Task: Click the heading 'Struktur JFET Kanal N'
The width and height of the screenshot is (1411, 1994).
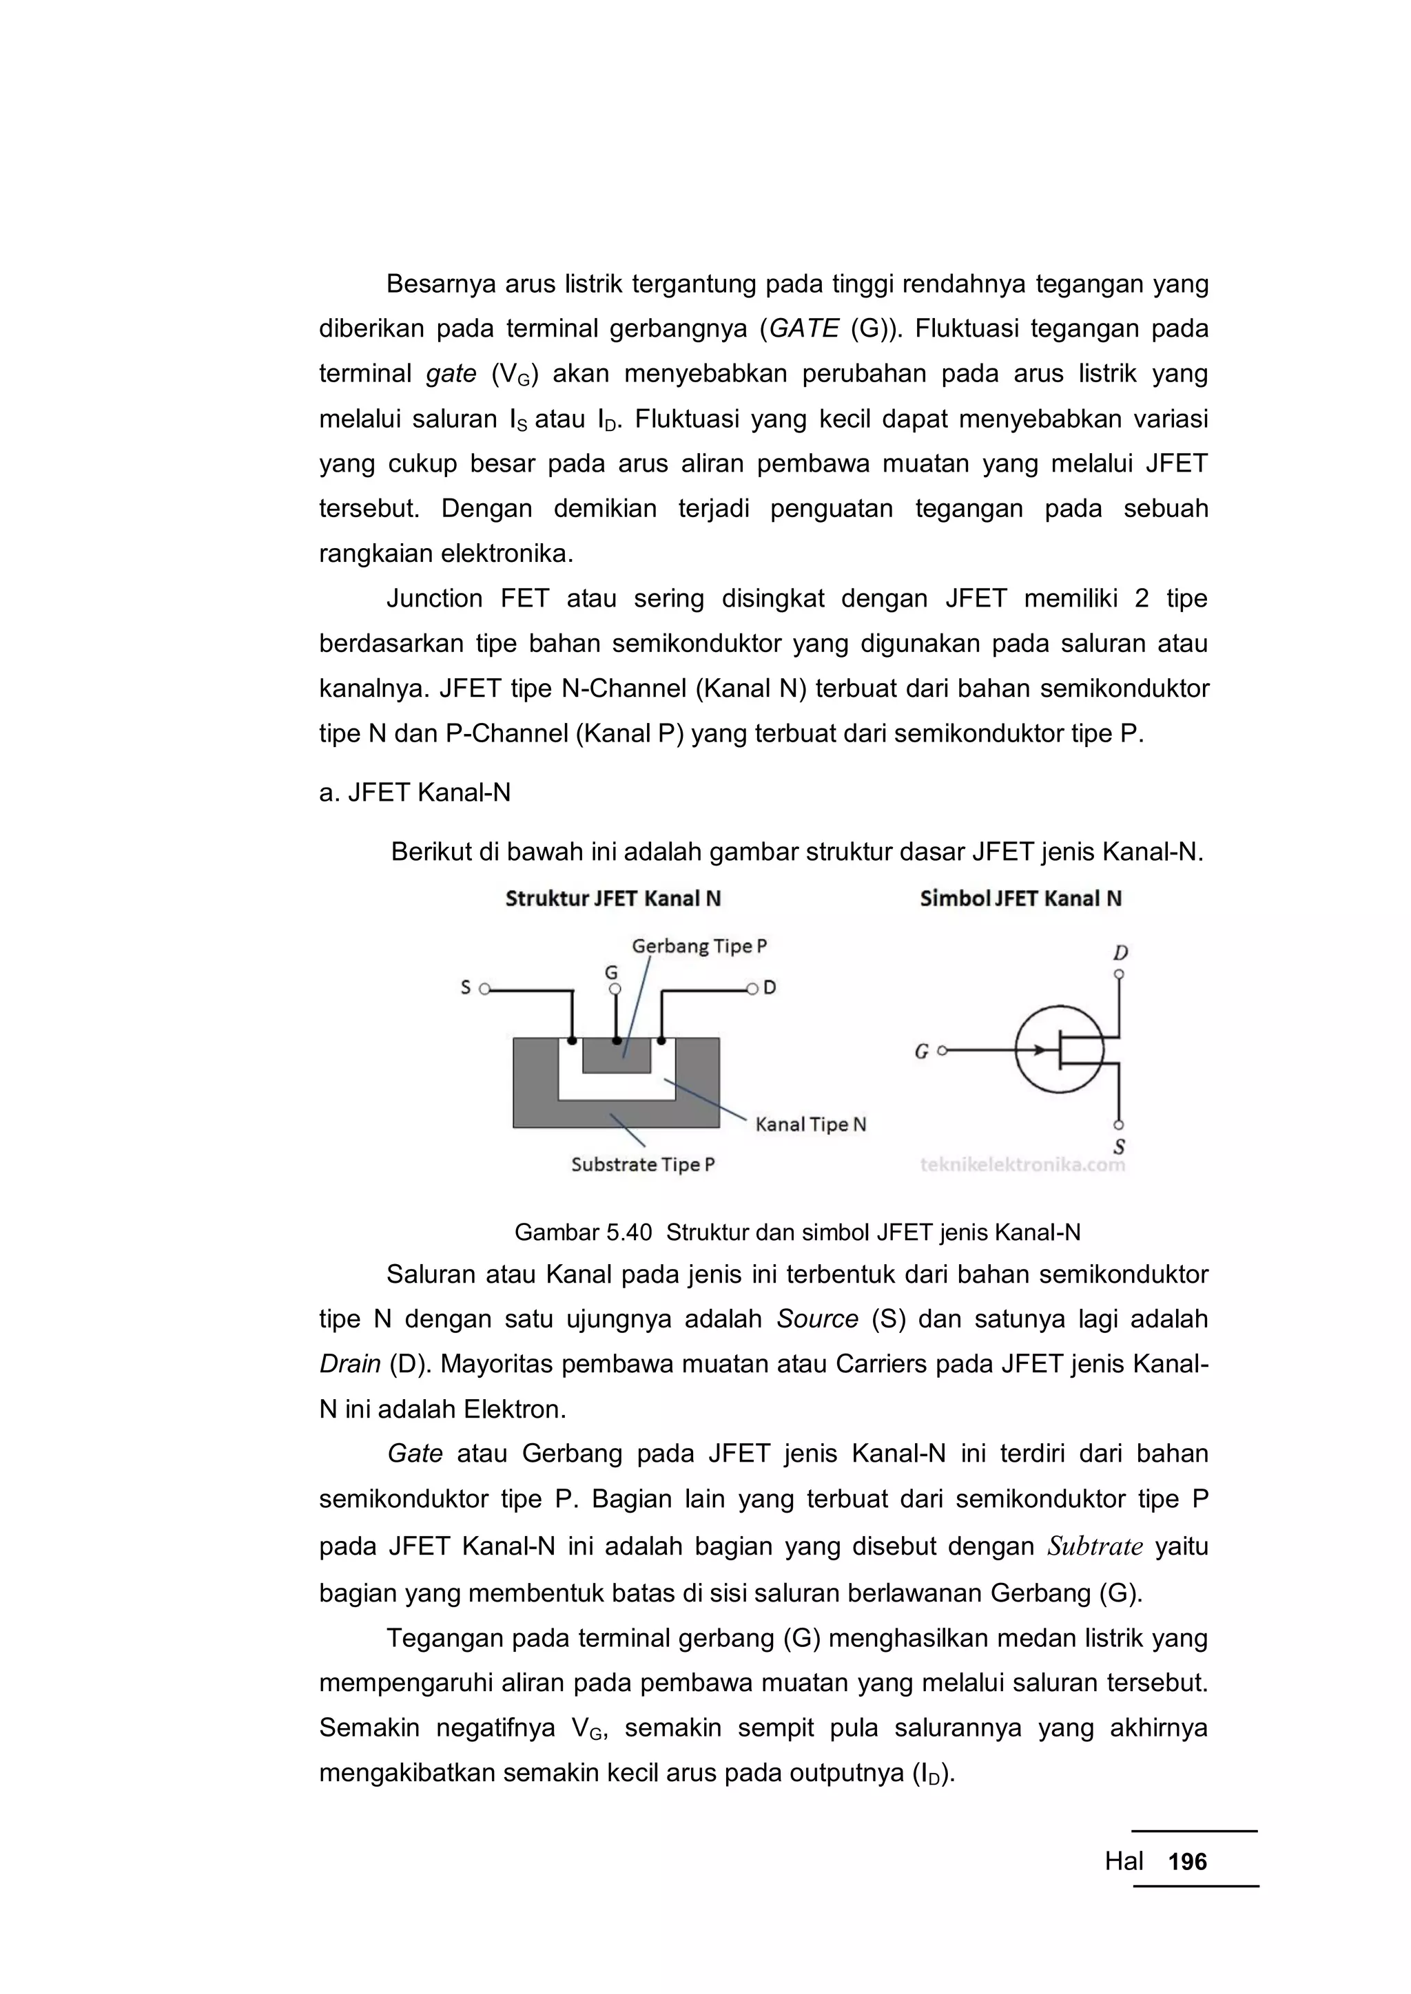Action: point(612,898)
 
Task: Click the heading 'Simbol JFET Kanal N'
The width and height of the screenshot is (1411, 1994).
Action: point(1020,898)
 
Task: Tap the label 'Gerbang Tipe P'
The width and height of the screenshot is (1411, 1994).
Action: point(699,946)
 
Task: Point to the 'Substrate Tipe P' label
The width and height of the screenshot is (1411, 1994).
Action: point(642,1164)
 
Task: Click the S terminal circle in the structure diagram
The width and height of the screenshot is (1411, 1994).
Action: point(485,988)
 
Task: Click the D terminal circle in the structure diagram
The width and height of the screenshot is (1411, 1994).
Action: point(752,988)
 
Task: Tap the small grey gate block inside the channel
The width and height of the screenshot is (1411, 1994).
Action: point(616,1056)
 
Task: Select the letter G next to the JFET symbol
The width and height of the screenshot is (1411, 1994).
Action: point(922,1051)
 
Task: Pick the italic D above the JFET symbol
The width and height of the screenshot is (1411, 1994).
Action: point(1120,953)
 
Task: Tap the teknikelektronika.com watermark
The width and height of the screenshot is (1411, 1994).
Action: point(1022,1164)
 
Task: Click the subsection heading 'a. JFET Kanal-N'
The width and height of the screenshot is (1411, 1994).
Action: point(415,792)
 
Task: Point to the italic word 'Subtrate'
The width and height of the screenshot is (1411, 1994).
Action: point(1094,1546)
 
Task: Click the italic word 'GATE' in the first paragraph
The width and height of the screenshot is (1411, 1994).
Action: point(805,328)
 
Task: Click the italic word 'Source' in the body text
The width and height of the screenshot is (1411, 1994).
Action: point(816,1319)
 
